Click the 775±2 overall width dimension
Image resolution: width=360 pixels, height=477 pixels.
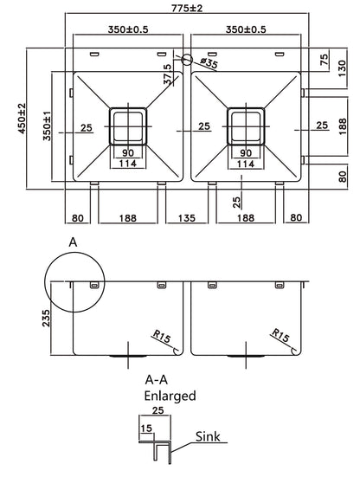[180, 9]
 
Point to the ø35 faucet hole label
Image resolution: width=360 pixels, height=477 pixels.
[207, 61]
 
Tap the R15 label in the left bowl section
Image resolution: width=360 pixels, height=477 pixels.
[162, 334]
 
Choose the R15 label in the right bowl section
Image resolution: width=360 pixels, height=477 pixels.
[280, 334]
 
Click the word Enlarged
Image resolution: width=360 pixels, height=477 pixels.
[170, 396]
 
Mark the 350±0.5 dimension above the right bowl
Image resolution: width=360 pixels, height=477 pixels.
[245, 29]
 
